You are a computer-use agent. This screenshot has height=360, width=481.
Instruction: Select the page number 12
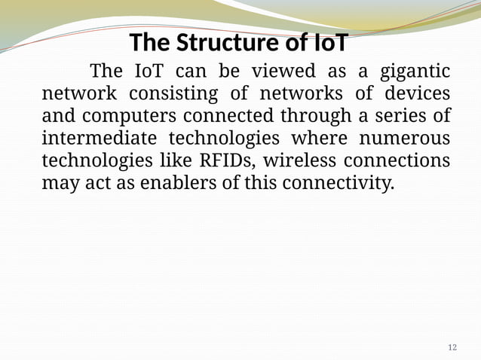coord(452,347)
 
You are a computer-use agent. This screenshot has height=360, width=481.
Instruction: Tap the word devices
coord(417,95)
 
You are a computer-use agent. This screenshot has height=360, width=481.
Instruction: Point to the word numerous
coord(406,140)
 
